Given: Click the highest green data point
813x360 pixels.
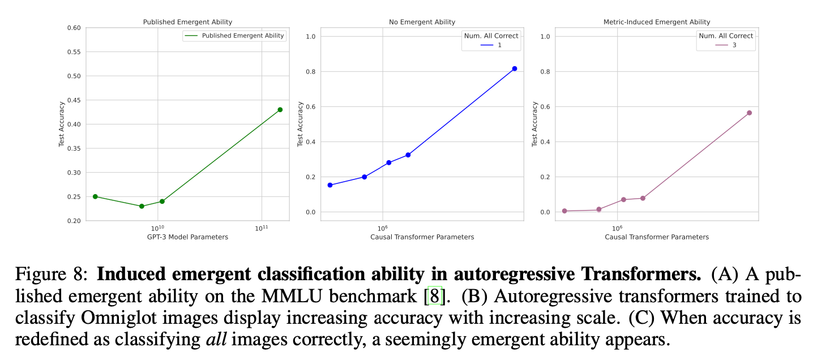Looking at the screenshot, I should point(280,110).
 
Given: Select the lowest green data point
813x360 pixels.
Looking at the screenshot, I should point(142,206).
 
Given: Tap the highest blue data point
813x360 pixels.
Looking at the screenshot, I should point(515,68).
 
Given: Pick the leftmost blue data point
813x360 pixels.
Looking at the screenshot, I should point(330,185).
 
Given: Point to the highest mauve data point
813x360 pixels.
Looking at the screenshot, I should point(749,113).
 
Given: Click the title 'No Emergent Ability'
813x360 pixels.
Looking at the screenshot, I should point(422,22).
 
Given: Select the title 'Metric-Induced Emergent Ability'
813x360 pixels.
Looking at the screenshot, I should point(657,22).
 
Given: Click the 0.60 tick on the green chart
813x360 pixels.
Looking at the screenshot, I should point(74,28).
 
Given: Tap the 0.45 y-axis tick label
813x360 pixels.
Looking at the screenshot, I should point(74,100).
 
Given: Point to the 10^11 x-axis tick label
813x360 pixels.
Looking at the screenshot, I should point(262,228).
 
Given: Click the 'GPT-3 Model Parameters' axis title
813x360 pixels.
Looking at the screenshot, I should point(187,237).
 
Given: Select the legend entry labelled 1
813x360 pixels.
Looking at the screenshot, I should point(490,45).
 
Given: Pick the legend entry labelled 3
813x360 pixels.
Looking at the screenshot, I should point(725,45).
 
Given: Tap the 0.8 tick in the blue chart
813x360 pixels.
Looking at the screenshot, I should point(310,72).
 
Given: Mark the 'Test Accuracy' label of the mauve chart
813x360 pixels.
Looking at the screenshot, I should point(535,125).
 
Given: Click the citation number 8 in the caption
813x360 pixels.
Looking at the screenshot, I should point(434,296).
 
